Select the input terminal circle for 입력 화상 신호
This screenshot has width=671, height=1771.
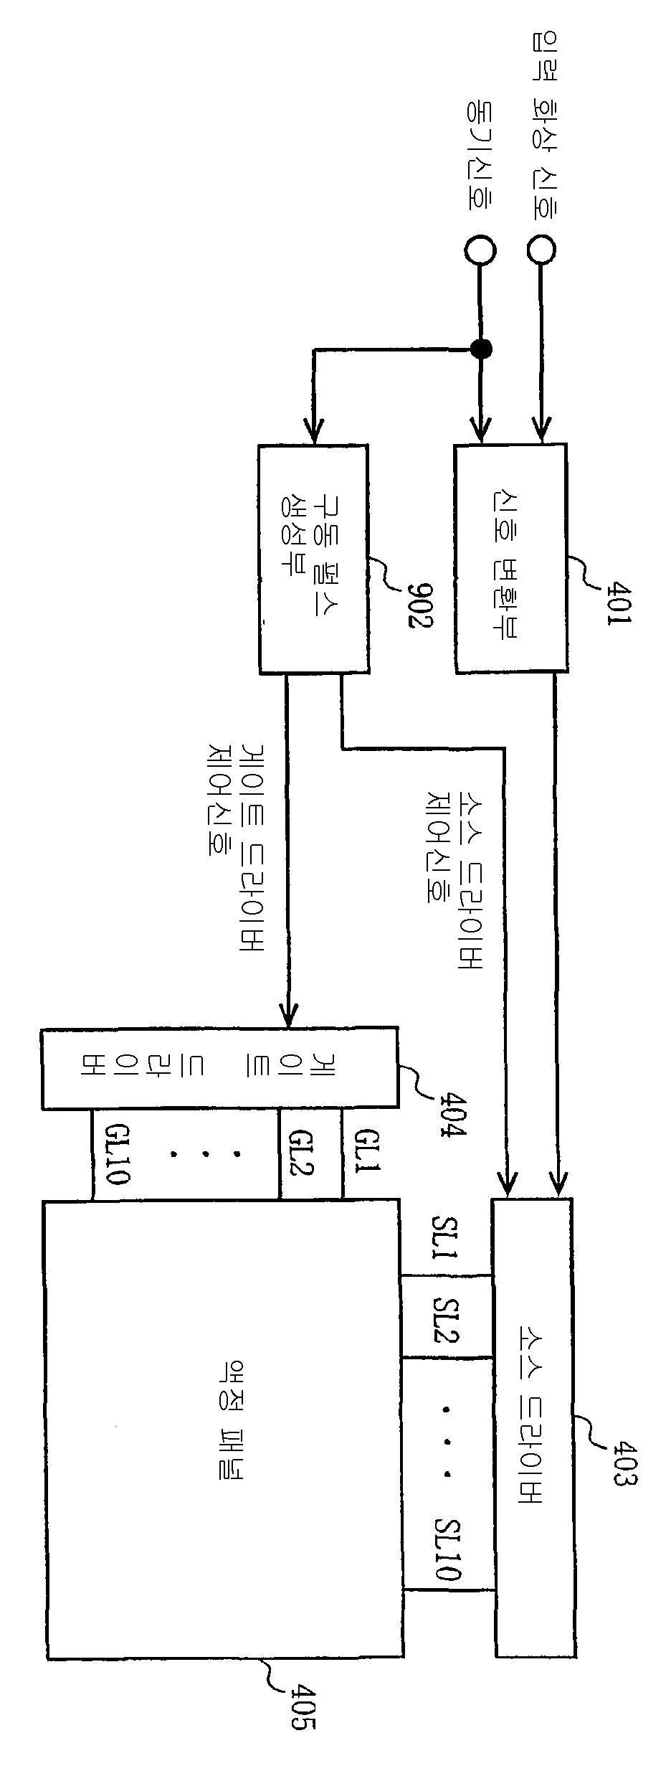(x=541, y=250)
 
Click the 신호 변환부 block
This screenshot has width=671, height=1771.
(x=510, y=557)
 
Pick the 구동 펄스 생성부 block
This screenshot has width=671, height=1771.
(x=313, y=559)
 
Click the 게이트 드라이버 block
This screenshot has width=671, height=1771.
(x=219, y=1069)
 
